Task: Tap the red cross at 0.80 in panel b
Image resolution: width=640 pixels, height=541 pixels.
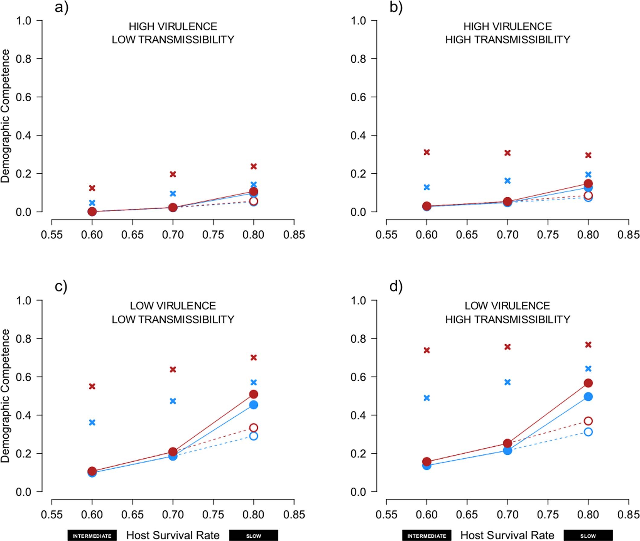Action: (x=588, y=155)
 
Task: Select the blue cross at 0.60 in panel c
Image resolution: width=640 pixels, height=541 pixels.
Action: (x=92, y=422)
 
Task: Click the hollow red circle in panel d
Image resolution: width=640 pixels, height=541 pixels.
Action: (x=588, y=421)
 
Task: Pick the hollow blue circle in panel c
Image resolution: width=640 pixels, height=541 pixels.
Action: (x=254, y=436)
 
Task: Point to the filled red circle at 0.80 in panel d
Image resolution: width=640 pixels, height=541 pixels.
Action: (x=588, y=383)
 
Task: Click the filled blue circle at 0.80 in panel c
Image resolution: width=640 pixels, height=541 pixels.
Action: (x=254, y=405)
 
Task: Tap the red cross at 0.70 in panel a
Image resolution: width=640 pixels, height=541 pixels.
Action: (x=173, y=174)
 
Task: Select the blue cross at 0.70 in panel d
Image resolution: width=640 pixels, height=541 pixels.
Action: (x=507, y=382)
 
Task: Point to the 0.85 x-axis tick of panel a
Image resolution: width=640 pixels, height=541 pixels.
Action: (x=294, y=235)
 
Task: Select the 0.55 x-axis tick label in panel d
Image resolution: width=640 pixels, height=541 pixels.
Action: (x=386, y=514)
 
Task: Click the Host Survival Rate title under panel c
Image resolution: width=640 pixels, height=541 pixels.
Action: (x=173, y=535)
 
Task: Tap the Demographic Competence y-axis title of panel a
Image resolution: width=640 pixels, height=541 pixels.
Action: (x=5, y=116)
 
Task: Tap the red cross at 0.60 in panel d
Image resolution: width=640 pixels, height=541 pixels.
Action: (x=427, y=350)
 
